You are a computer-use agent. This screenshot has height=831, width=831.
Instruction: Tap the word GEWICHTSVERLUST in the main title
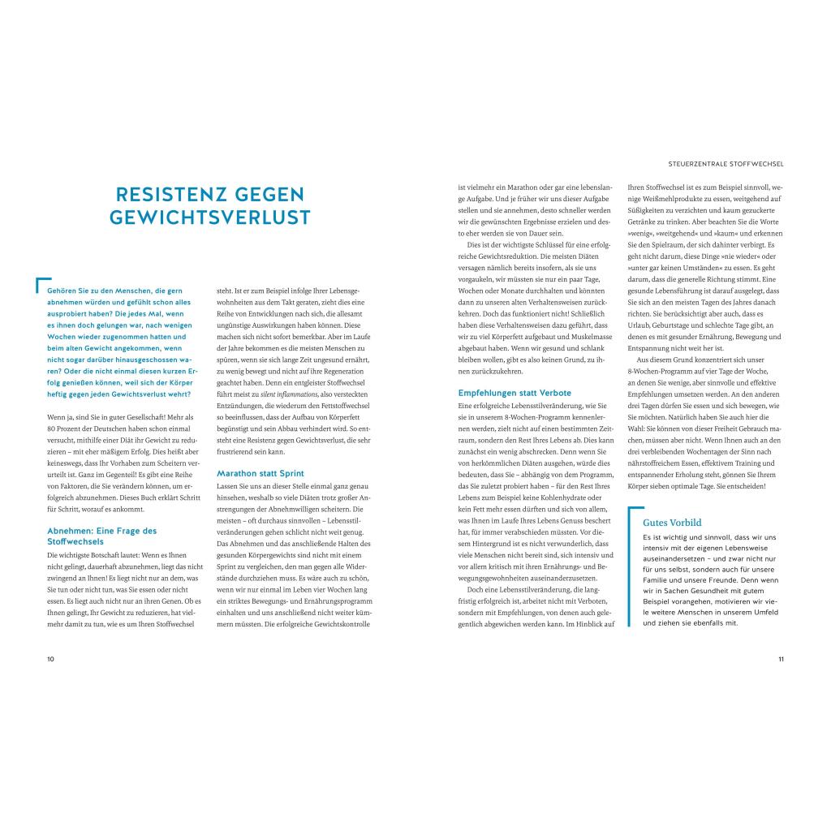(210, 218)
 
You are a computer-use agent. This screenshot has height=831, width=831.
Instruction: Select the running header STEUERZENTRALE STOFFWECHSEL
(726, 163)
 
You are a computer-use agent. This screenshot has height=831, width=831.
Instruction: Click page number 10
(50, 659)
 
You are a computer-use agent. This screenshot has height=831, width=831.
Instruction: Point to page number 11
(781, 659)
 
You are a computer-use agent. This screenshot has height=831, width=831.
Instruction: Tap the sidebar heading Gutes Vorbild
(672, 523)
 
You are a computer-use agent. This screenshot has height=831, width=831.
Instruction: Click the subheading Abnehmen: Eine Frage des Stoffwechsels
(102, 536)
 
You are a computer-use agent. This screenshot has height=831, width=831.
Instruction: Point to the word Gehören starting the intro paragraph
(63, 290)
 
